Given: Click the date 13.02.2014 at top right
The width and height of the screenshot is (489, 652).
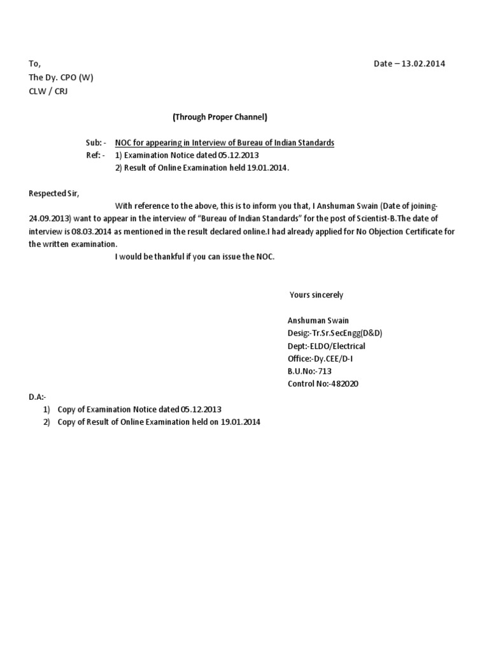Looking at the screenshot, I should (x=423, y=64).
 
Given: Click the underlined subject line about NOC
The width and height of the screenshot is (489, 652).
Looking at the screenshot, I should (x=224, y=143).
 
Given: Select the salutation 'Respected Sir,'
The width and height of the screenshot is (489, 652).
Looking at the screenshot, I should (x=54, y=194).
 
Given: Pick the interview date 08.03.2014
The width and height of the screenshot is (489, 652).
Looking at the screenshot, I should (x=91, y=232).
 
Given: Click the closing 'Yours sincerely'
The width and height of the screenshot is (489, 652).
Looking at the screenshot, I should (x=316, y=295).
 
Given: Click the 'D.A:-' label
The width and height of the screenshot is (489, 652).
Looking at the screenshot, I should (x=38, y=397).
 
